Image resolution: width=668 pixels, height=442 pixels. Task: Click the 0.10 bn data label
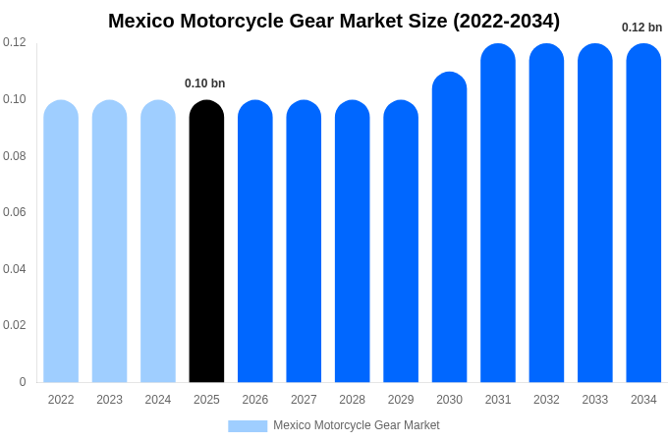pyautogui.click(x=205, y=83)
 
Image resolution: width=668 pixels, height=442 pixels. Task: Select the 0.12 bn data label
pyautogui.click(x=641, y=28)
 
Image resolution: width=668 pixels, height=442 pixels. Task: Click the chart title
pyautogui.click(x=334, y=21)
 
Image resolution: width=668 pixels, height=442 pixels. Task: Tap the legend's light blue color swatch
pyautogui.click(x=248, y=426)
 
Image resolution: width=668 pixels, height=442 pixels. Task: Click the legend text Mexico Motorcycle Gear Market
pyautogui.click(x=357, y=425)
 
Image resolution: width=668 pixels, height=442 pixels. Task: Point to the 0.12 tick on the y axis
pyautogui.click(x=15, y=42)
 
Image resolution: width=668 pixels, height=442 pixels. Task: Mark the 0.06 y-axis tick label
pyautogui.click(x=15, y=212)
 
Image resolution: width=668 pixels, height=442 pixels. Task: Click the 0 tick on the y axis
pyautogui.click(x=23, y=382)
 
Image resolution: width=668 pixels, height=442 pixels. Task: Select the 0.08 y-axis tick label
pyautogui.click(x=15, y=156)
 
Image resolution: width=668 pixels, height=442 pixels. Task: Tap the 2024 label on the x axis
pyautogui.click(x=158, y=400)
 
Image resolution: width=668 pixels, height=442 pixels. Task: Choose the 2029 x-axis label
pyautogui.click(x=401, y=400)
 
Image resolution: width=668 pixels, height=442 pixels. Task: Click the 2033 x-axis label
pyautogui.click(x=595, y=400)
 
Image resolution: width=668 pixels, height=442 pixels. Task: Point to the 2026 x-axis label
pyautogui.click(x=255, y=400)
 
